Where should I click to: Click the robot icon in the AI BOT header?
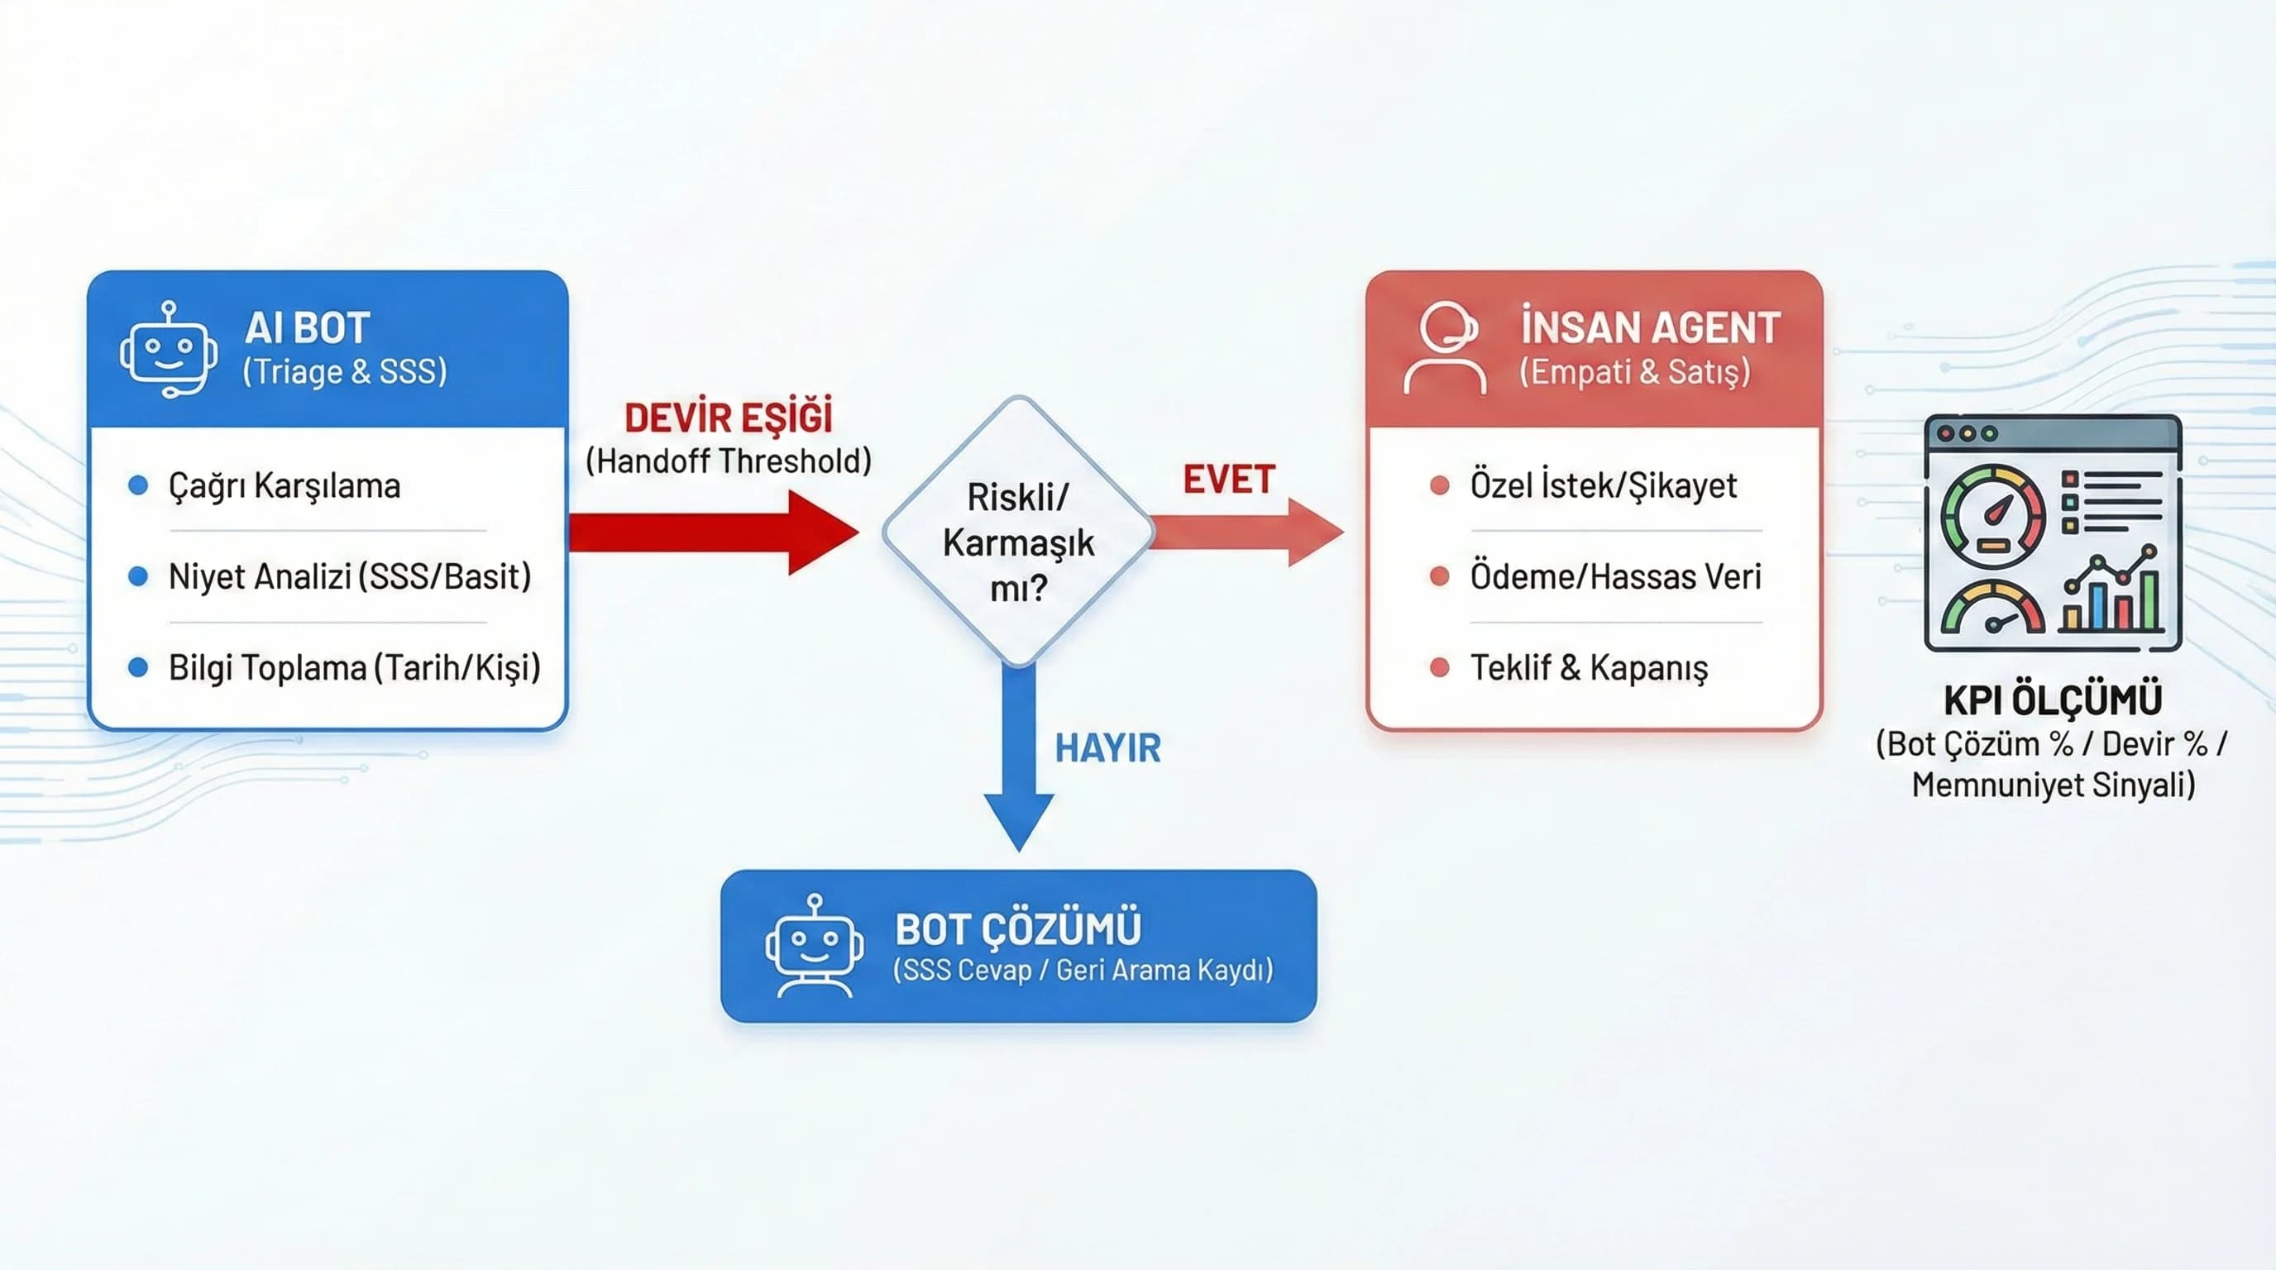tap(169, 350)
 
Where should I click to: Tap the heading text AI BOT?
tap(307, 328)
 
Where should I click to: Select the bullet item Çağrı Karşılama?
tap(284, 485)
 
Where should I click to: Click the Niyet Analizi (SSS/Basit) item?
tap(349, 577)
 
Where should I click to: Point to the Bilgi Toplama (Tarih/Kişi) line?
tap(353, 668)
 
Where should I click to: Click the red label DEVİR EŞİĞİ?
tap(728, 418)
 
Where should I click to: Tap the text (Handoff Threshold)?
tap(728, 461)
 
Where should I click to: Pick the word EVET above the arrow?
tap(1228, 480)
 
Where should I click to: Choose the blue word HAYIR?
tap(1107, 748)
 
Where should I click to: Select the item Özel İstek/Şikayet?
tap(1603, 485)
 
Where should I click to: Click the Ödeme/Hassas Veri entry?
tap(1614, 577)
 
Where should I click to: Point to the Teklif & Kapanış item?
tap(1588, 668)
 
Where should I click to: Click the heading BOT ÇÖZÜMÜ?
tap(1018, 929)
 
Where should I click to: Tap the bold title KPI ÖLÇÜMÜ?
tap(2053, 700)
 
